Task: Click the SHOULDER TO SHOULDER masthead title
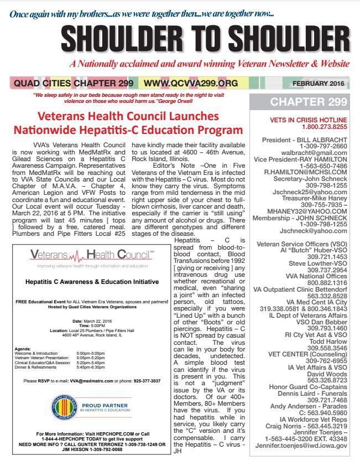point(180,38)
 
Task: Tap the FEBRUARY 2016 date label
point(317,84)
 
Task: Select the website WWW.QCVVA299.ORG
point(191,84)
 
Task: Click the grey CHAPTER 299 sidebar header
point(301,102)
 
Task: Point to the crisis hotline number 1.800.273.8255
point(301,126)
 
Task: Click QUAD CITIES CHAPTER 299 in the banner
point(73,84)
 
